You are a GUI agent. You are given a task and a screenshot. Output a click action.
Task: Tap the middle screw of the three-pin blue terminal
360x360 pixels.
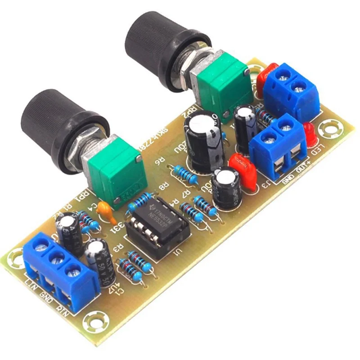pos(56,258)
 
